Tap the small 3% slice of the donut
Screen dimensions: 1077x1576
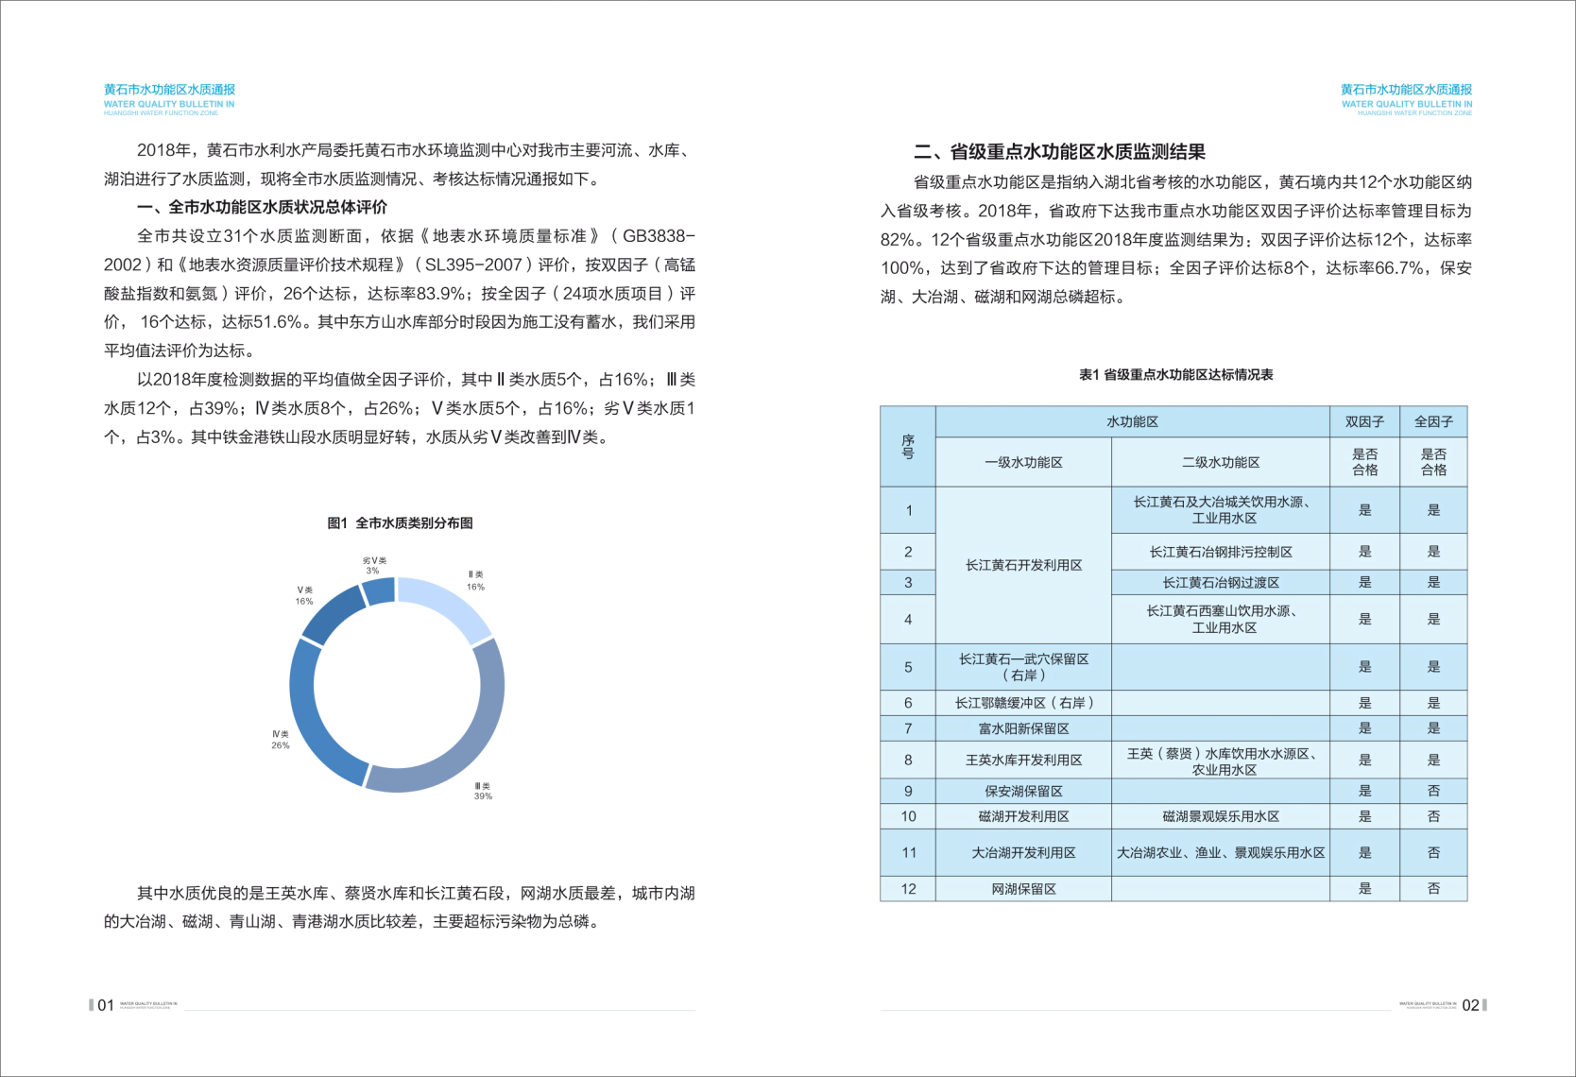point(380,591)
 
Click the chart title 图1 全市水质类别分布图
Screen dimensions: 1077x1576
point(400,523)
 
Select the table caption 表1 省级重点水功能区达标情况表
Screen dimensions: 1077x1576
point(1175,375)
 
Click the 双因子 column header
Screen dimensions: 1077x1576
point(1364,422)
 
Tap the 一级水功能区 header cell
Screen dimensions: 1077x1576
point(1023,462)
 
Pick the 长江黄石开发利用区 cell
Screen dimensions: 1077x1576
point(1023,565)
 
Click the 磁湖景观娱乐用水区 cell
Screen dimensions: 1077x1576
point(1220,816)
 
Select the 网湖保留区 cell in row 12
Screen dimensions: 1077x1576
point(1023,889)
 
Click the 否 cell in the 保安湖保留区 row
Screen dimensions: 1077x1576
point(1433,791)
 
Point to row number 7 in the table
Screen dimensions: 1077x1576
point(908,728)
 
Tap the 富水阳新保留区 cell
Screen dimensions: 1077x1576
point(1023,728)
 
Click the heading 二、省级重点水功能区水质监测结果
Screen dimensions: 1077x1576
point(1059,152)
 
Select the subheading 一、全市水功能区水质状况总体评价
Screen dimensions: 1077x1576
point(262,208)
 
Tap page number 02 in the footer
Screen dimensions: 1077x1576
point(1470,1005)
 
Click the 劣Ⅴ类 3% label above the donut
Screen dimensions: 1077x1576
point(374,565)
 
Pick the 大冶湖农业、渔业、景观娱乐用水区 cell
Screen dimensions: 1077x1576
point(1220,852)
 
